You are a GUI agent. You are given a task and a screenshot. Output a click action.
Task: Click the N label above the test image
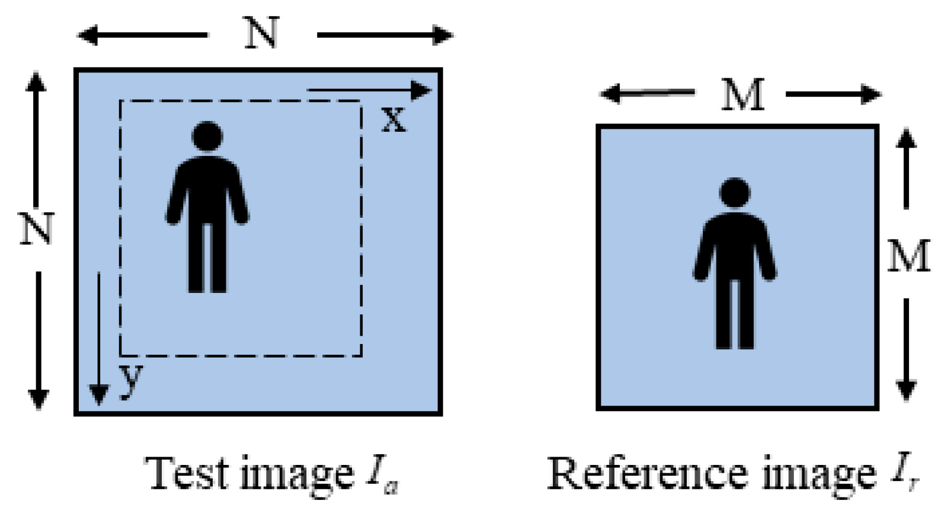click(262, 34)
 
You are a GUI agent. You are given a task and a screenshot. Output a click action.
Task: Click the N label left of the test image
click(37, 228)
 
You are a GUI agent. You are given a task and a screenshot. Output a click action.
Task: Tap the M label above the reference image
click(742, 94)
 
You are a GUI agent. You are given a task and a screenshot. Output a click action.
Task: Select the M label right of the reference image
click(908, 256)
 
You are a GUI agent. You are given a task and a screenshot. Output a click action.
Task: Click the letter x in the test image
click(393, 119)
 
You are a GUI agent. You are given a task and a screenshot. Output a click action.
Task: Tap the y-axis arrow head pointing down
click(98, 394)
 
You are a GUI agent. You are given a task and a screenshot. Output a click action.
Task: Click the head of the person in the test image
click(207, 136)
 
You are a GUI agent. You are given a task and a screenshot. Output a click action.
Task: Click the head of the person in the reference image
click(735, 192)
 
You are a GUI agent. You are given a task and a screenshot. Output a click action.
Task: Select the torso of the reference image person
click(735, 243)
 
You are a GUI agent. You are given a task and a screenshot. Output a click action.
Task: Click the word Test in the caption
click(187, 474)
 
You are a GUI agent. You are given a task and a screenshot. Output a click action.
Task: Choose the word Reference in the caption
click(646, 474)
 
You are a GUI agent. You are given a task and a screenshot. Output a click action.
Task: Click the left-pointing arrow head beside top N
click(88, 35)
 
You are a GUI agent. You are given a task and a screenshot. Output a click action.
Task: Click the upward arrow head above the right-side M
click(906, 138)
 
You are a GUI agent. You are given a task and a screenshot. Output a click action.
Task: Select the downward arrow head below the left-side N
click(38, 398)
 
